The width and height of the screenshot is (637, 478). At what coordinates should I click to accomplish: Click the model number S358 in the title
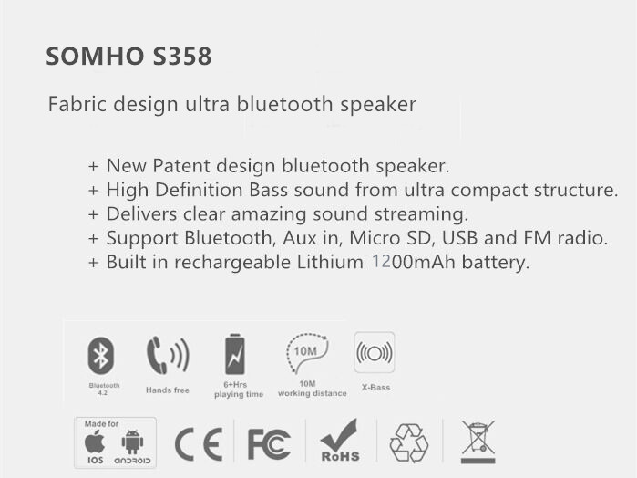pos(182,57)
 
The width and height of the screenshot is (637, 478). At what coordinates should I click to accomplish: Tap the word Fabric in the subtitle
pos(77,104)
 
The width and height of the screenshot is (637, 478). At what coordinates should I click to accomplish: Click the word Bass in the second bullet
pos(268,190)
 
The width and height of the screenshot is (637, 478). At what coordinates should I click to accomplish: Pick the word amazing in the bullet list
pos(269,214)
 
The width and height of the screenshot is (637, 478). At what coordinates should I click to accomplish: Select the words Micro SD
pos(390,238)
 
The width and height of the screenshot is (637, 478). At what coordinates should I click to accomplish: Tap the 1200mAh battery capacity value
pos(413,262)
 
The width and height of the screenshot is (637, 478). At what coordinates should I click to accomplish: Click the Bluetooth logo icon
pos(101,356)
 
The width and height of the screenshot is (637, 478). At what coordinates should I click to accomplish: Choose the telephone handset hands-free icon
pos(168,355)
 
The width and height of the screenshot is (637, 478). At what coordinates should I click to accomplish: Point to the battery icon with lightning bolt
pos(235,354)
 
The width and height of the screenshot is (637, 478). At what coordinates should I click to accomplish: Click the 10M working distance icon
pos(307,353)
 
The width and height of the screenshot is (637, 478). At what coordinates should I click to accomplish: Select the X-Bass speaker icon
pos(375,352)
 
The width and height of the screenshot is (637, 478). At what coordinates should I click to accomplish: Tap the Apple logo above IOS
pos(95,442)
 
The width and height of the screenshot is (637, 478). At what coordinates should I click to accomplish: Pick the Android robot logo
pos(132,442)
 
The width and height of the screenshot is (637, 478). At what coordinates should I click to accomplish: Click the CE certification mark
pos(199,444)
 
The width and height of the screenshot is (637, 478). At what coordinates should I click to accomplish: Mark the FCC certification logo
pos(269,444)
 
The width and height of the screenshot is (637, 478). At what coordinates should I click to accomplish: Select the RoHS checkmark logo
pos(340,441)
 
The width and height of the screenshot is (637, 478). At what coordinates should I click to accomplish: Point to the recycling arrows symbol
pos(408,443)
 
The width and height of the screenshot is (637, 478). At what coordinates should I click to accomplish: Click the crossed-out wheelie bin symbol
pos(478,442)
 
